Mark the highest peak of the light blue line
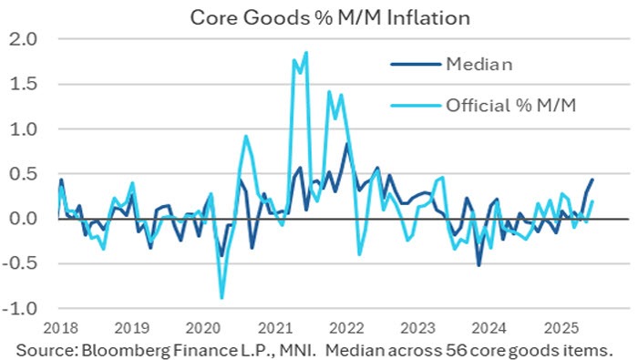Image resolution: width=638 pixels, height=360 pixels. coord(305,53)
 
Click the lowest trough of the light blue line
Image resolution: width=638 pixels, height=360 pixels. coord(221,297)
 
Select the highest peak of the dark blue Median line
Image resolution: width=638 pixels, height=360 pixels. coord(346,144)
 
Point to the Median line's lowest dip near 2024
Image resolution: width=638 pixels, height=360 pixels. coord(478,265)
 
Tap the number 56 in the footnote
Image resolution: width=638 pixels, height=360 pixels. coord(465,348)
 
